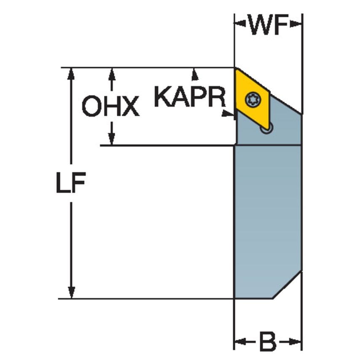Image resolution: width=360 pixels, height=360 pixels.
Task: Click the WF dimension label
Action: pos(268,26)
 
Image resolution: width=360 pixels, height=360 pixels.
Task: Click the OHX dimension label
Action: pos(110,106)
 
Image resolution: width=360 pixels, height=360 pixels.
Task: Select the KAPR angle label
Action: pos(190,97)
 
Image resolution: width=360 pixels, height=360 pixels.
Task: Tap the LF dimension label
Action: pos(71,183)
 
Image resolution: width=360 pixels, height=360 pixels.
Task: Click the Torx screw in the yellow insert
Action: pos(253,99)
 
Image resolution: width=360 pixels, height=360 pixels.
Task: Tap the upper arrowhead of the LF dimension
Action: pos(71,73)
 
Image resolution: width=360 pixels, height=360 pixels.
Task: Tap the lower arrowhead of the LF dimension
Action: pos(71,293)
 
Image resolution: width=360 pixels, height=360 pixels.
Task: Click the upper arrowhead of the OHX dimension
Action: pos(112,73)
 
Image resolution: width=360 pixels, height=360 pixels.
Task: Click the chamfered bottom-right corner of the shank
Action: pos(287,285)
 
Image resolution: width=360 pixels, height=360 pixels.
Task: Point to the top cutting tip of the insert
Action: pos(236,69)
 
